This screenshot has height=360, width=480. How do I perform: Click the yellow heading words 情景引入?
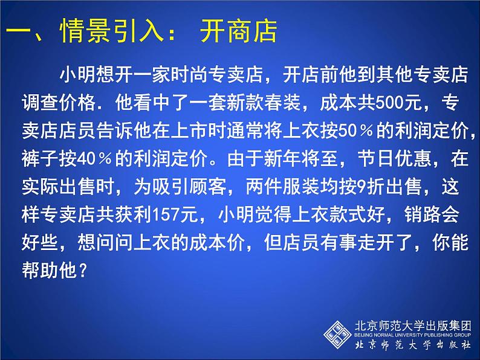[112, 31]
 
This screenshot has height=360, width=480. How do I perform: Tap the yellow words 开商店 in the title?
[239, 31]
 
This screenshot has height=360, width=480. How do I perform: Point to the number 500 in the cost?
[389, 103]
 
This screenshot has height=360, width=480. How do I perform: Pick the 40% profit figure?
[94, 159]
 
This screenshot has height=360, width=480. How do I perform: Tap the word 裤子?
[40, 159]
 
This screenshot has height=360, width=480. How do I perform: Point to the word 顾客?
[208, 187]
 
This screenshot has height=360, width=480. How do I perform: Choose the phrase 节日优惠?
[394, 159]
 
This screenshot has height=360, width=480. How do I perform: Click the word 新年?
[282, 159]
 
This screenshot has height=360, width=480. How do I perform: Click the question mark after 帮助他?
[83, 271]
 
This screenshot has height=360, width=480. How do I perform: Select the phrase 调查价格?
[59, 103]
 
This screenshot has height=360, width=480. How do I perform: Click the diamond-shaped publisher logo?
[337, 335]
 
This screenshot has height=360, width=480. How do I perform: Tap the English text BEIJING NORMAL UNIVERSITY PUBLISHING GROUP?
[412, 335]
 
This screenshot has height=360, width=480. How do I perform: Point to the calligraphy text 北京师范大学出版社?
[412, 345]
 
